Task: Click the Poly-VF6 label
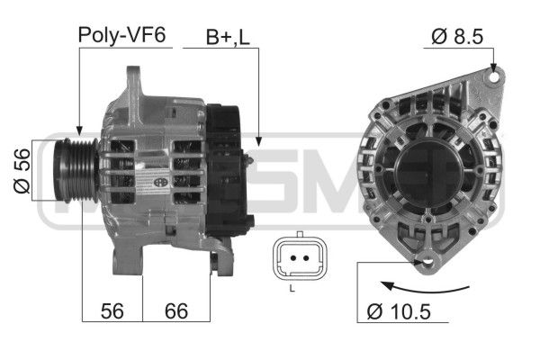[121, 35]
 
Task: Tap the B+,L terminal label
[228, 37]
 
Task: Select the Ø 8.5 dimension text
[457, 37]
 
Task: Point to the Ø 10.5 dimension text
[399, 311]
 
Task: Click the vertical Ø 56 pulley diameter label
[22, 170]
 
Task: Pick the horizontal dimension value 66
[176, 311]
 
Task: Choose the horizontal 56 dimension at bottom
[112, 311]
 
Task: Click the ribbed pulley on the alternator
[76, 170]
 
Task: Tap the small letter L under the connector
[292, 288]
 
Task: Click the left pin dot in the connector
[293, 258]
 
